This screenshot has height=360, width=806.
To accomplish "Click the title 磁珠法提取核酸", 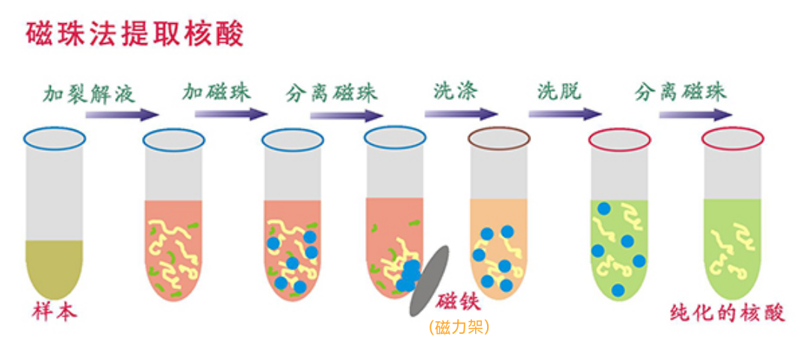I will (135, 34).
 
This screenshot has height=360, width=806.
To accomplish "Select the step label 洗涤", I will (455, 91).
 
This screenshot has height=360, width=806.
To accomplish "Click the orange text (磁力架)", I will (459, 327).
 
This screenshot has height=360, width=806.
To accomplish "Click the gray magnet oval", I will (430, 281).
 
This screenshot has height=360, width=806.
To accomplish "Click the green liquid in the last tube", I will (733, 246).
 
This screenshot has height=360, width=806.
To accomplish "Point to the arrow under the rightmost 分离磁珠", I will (695, 115).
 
